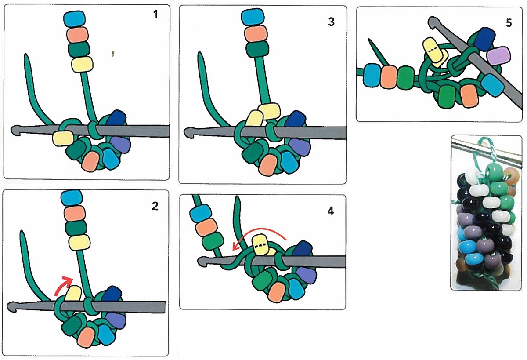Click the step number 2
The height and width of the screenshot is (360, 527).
tap(155, 206)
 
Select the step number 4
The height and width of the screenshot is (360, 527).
tap(331, 211)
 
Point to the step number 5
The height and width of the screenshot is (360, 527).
tap(509, 23)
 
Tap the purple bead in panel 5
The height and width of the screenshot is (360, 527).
tap(499, 56)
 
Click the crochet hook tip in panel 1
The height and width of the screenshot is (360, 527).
tap(16, 130)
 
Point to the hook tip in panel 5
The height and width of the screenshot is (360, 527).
tap(433, 20)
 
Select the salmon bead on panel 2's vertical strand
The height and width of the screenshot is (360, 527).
tap(74, 214)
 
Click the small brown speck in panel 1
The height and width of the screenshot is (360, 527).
tap(113, 54)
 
